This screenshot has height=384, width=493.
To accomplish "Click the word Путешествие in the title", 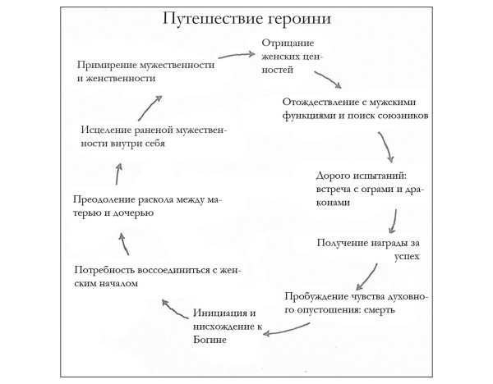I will [x=215, y=18].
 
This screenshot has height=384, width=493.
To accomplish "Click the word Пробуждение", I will [x=321, y=296].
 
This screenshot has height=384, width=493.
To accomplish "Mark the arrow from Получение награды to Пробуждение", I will [x=366, y=274].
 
